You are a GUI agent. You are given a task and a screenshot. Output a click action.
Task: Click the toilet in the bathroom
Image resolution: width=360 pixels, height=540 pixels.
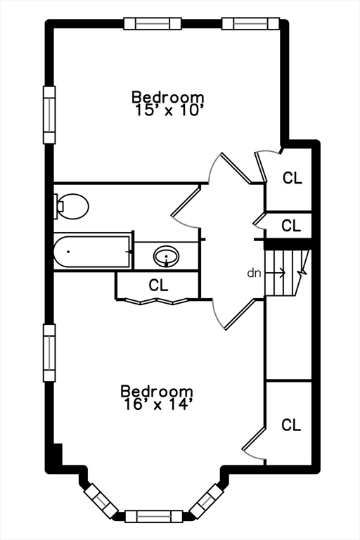coord(71,206)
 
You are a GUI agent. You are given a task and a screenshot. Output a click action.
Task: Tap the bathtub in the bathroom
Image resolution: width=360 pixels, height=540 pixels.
coord(92,252)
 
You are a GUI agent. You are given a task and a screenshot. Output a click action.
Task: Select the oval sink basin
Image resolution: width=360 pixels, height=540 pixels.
coord(167,256)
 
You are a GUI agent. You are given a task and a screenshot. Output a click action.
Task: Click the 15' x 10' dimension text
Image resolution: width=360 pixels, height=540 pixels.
coord(167,110)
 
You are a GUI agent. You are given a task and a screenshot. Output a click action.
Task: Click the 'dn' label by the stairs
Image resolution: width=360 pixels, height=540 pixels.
coord(255,273)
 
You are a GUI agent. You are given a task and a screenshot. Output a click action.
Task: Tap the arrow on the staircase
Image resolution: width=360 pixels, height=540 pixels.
coord(276,273)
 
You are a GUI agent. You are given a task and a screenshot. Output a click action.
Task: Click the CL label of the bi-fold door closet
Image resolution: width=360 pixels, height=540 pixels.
coord(158,285)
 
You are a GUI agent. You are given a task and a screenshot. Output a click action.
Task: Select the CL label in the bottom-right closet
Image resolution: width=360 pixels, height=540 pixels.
coord(291,425)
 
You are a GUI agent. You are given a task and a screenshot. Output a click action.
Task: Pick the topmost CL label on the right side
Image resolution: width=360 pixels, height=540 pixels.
coord(292,178)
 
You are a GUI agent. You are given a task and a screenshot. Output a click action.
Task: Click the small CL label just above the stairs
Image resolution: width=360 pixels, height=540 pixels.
coord(291,226)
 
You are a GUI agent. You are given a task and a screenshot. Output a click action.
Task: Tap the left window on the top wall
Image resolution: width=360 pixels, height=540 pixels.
coord(153,24)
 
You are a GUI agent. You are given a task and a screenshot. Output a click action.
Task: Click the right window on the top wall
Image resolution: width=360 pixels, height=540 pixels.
coord(250,24)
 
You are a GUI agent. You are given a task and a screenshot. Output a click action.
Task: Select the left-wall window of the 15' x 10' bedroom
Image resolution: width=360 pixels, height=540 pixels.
coord(49,115)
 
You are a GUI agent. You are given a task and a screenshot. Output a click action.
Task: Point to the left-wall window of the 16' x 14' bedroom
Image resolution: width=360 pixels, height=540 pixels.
coord(49,353)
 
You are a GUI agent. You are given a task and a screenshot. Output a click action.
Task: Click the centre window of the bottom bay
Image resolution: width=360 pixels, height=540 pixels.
coord(153,517)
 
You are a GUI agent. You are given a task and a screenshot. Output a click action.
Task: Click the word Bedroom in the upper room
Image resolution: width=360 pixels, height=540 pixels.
coord(168,97)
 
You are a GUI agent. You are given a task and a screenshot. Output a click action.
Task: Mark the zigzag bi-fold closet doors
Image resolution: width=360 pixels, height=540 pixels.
coord(157,302)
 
